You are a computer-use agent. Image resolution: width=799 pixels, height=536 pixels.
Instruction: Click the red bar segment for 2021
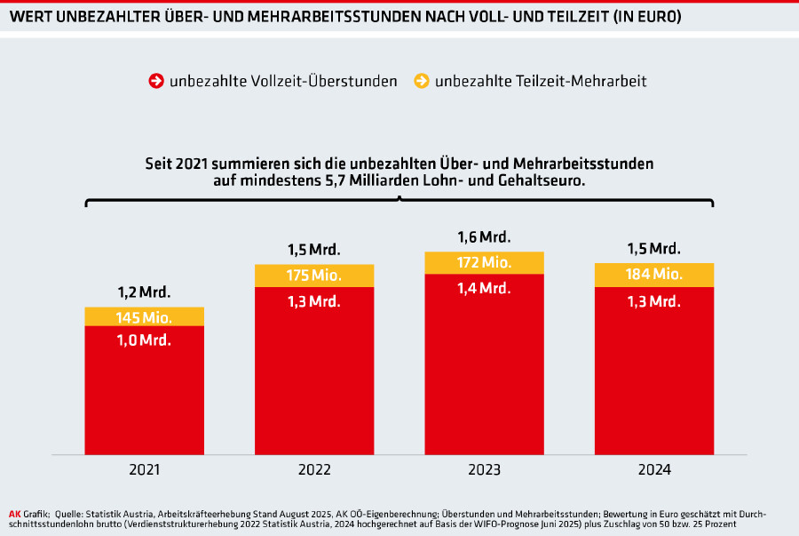pyautogui.click(x=143, y=391)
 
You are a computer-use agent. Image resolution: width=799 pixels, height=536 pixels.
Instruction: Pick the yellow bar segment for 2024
pyautogui.click(x=653, y=275)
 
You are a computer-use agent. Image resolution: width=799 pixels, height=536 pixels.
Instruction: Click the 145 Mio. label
pyautogui.click(x=144, y=317)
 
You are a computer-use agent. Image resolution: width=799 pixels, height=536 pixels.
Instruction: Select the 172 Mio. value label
pyautogui.click(x=484, y=263)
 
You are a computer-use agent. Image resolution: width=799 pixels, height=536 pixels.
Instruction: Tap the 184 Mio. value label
pyautogui.click(x=653, y=275)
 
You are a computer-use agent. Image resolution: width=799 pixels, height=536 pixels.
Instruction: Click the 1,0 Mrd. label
pyautogui.click(x=144, y=340)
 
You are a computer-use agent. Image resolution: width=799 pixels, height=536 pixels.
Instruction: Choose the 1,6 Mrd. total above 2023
pyautogui.click(x=484, y=237)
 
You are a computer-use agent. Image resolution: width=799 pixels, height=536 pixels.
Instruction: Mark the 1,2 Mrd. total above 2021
pyautogui.click(x=144, y=292)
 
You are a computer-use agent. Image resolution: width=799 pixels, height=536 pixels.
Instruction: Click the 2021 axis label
pyautogui.click(x=144, y=469)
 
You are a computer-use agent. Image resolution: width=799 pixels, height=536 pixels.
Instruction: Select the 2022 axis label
pyautogui.click(x=313, y=469)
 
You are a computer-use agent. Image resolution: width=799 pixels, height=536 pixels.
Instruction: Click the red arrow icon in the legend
pyautogui.click(x=155, y=81)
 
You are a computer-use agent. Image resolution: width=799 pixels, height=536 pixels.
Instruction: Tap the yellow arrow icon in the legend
pyautogui.click(x=420, y=81)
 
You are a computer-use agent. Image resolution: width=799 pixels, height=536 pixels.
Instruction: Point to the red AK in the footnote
pyautogui.click(x=14, y=514)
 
